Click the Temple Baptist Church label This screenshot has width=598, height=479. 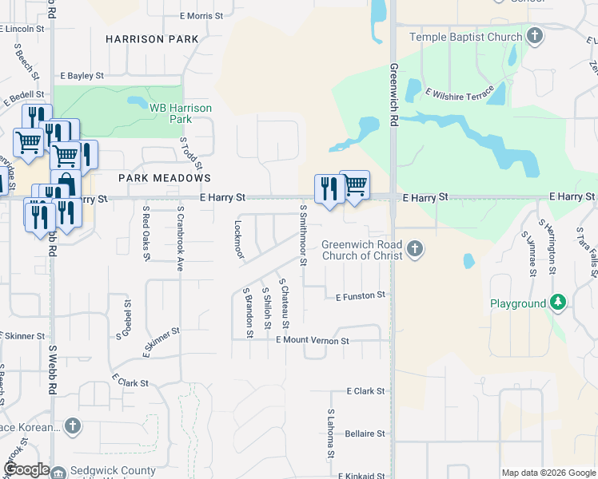[465, 37]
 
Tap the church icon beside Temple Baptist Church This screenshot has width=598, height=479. [536, 36]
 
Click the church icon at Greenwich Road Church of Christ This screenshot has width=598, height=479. [414, 250]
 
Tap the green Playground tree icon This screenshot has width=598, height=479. [559, 303]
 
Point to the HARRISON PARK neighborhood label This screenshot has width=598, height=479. [152, 38]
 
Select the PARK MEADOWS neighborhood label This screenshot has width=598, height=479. [165, 178]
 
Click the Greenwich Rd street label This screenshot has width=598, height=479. [393, 96]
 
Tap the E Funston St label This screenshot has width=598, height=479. [361, 295]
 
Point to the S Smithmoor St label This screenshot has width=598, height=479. [303, 234]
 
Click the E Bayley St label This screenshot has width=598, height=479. [82, 76]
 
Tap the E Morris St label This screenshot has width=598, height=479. [201, 15]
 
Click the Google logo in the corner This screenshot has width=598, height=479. [26, 469]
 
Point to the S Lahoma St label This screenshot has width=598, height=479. [331, 434]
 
